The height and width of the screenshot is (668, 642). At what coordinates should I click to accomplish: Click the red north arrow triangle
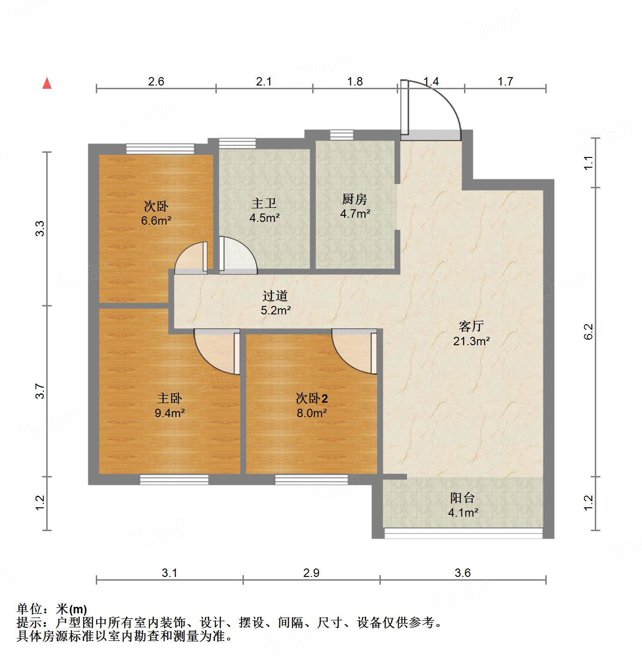pyautogui.click(x=47, y=84)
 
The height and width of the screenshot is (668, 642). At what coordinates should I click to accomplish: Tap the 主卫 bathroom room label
pyautogui.click(x=264, y=204)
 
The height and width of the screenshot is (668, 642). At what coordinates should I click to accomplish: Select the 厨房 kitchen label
pyautogui.click(x=355, y=199)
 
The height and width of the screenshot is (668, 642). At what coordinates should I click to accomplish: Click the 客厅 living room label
pyautogui.click(x=471, y=326)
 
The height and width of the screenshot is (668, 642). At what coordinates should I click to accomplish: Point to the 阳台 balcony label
pyautogui.click(x=463, y=498)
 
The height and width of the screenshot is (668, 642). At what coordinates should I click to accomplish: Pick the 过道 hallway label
pyautogui.click(x=275, y=296)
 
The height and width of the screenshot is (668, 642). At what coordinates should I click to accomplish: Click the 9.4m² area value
pyautogui.click(x=170, y=413)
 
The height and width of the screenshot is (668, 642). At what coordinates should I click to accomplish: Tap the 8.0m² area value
pyautogui.click(x=311, y=413)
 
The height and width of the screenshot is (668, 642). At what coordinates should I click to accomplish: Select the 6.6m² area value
pyautogui.click(x=156, y=220)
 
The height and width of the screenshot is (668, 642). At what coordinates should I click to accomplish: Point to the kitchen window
pyautogui.click(x=342, y=135)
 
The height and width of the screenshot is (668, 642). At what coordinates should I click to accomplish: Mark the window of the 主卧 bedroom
pyautogui.click(x=174, y=479)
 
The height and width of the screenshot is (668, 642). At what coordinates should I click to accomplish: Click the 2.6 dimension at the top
pyautogui.click(x=156, y=82)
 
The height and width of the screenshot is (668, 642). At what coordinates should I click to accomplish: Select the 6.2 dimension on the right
pyautogui.click(x=588, y=332)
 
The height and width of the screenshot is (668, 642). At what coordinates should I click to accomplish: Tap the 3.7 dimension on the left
pyautogui.click(x=40, y=391)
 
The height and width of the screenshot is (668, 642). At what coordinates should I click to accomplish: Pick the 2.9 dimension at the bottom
pyautogui.click(x=311, y=573)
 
